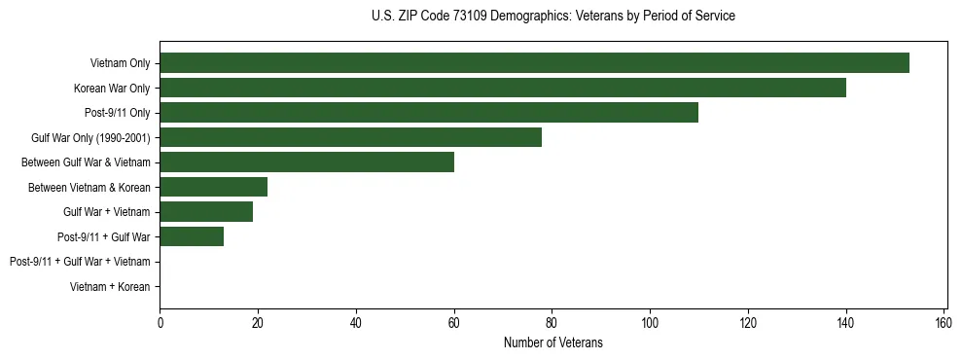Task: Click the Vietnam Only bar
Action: click(x=534, y=63)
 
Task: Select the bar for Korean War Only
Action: click(x=503, y=88)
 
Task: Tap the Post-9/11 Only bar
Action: click(x=429, y=113)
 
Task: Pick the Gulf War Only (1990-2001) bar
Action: click(x=350, y=137)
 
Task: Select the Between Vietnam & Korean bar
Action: click(x=213, y=187)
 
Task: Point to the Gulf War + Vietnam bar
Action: click(x=206, y=211)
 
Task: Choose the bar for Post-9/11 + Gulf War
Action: click(x=192, y=236)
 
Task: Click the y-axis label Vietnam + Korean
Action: click(x=110, y=286)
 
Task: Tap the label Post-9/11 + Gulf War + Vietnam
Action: click(x=80, y=262)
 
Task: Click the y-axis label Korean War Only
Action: click(x=112, y=89)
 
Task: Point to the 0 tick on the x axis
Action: click(x=160, y=323)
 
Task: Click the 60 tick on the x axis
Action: click(x=453, y=323)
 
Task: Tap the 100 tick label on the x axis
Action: click(x=650, y=323)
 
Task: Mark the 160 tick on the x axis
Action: click(x=944, y=323)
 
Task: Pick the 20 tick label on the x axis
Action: click(x=258, y=323)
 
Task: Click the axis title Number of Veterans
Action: click(x=552, y=342)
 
